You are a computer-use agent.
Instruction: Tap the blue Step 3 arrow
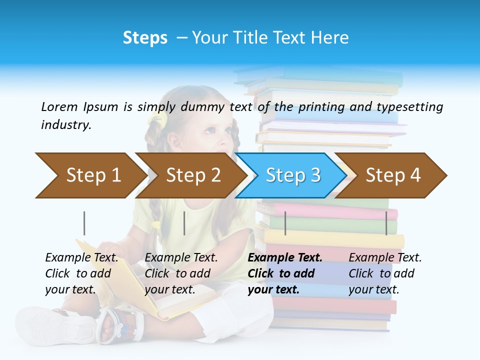292,175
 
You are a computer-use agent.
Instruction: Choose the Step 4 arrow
392,175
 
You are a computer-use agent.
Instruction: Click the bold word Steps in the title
145,38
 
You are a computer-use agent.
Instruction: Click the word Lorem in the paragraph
59,106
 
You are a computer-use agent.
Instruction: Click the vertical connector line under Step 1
84,223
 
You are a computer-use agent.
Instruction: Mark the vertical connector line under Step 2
184,223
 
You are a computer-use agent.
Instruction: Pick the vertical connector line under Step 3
285,223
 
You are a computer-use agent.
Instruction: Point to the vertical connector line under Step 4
386,223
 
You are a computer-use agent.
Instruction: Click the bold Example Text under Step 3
285,258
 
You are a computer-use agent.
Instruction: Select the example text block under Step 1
82,273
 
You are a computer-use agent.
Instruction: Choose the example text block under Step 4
385,273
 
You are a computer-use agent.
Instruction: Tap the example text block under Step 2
181,273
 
